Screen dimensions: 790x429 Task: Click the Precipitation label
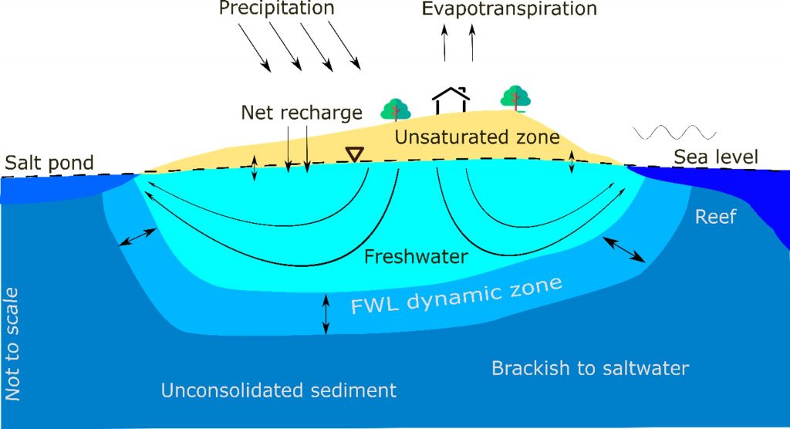click(277, 8)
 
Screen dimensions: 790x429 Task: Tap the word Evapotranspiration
click(509, 8)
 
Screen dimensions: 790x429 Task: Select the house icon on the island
click(451, 100)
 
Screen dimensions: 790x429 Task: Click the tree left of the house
click(396, 110)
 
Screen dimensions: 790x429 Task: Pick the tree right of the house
click(515, 98)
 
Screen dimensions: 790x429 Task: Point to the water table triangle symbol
click(355, 154)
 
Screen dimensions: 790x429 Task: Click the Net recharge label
click(302, 113)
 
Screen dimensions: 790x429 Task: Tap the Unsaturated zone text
click(477, 137)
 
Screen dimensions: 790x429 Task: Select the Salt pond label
click(49, 163)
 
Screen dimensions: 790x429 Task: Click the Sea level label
click(716, 157)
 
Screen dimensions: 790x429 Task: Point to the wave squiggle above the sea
click(674, 132)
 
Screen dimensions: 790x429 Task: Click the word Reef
click(715, 217)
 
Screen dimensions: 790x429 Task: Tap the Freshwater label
click(416, 257)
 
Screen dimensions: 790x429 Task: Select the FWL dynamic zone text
click(457, 296)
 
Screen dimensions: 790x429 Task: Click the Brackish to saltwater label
click(590, 368)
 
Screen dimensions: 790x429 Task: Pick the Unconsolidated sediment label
click(279, 390)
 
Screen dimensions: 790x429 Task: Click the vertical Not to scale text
click(12, 344)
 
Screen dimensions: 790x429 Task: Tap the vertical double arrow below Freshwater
click(326, 315)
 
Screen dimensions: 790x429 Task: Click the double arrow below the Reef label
click(623, 249)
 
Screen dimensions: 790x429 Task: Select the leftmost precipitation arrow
click(255, 48)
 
